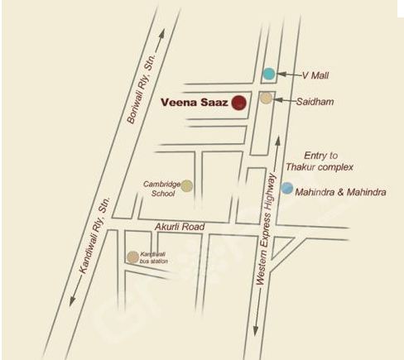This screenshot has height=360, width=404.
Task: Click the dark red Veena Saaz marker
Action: tap(238, 103)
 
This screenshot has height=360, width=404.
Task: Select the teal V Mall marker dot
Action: tap(268, 74)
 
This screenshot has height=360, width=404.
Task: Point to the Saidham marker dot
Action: tap(266, 99)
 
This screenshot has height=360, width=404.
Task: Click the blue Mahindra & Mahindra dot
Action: tap(286, 189)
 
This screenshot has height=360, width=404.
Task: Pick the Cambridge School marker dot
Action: tap(187, 185)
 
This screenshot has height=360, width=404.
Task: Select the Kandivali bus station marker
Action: tap(132, 257)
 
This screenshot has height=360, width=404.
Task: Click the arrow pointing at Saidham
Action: tap(284, 100)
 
